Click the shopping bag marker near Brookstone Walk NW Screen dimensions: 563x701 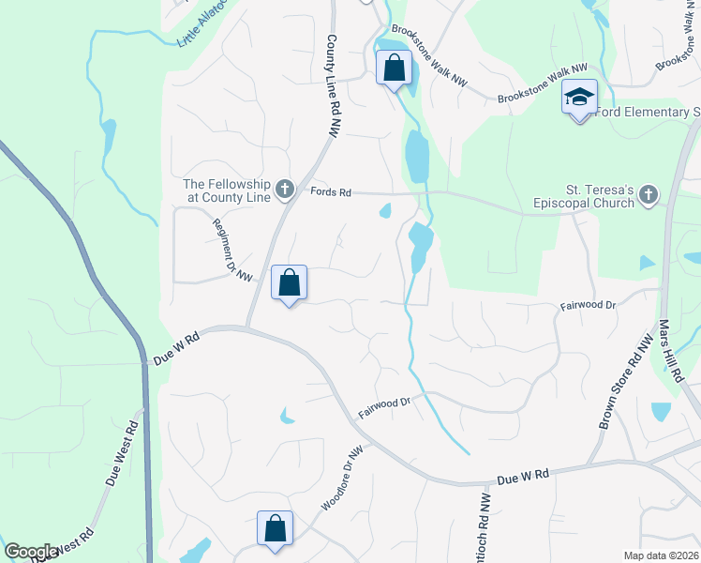394,68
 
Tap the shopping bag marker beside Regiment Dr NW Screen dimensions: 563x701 289,282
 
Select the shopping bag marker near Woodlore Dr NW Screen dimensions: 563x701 276,527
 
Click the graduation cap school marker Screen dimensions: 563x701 579,98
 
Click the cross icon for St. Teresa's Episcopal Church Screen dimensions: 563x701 647,195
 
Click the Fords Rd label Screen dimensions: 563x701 331,192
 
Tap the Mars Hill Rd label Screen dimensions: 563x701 671,349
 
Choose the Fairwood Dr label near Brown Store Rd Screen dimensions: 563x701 588,305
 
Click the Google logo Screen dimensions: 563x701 30,552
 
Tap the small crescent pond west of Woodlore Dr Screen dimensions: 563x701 287,416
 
